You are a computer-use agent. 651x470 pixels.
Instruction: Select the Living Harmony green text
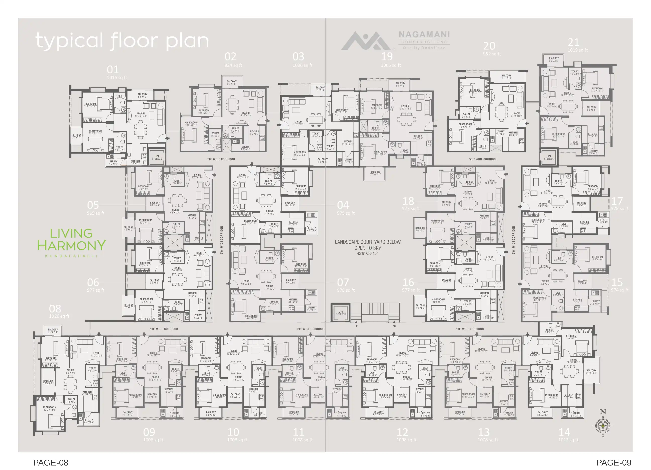click(x=72, y=239)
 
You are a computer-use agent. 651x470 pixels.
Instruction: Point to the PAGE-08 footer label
click(x=50, y=462)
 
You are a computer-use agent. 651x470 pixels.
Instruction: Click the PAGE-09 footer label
click(x=613, y=462)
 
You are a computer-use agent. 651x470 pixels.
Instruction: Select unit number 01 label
click(x=113, y=70)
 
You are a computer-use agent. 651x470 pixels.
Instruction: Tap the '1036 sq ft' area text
click(x=302, y=65)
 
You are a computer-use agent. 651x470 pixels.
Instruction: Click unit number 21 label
click(x=573, y=43)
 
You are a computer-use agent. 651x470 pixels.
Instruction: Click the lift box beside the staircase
click(x=340, y=313)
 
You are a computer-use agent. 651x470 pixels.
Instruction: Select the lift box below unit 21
click(x=549, y=157)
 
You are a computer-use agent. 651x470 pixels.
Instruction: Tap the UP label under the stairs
click(x=356, y=326)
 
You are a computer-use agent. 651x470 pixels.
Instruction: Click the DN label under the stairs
click(x=394, y=326)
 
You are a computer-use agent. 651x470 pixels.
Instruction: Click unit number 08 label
click(x=55, y=309)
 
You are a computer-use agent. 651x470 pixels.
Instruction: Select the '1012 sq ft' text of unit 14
click(x=568, y=440)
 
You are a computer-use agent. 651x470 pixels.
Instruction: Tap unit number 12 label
click(x=402, y=432)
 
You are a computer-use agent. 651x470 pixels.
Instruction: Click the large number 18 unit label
click(x=408, y=201)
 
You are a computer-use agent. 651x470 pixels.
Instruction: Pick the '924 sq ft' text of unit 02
click(x=233, y=65)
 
